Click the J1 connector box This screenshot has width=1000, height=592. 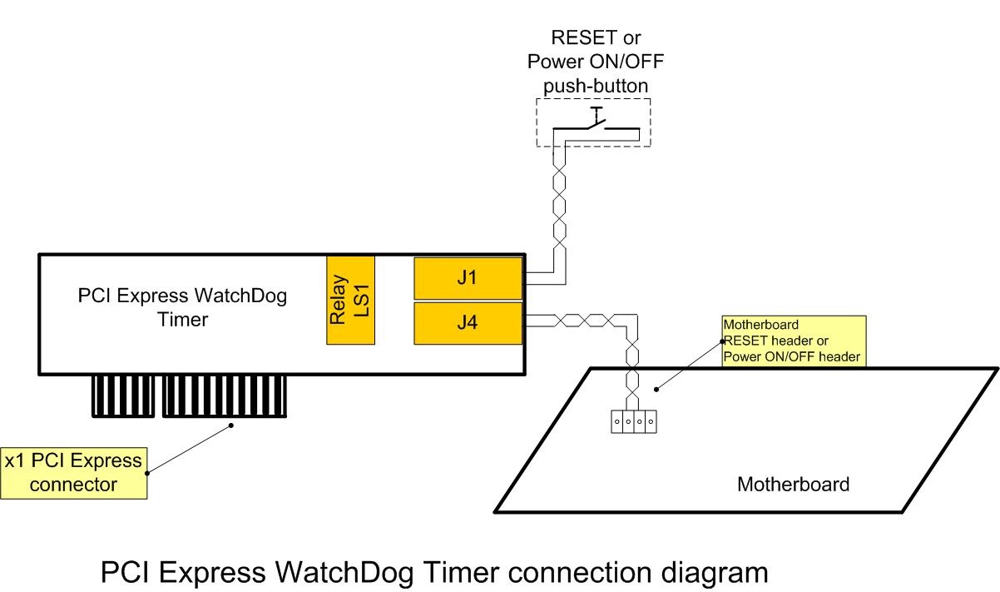(468, 278)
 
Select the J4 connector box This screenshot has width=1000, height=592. (468, 324)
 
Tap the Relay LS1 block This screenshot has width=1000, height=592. (350, 300)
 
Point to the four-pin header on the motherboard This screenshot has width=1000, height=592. (633, 421)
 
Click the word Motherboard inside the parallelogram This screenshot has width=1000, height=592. (793, 484)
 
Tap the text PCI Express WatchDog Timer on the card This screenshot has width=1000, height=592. (182, 307)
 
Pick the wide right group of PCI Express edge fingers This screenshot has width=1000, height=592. (225, 395)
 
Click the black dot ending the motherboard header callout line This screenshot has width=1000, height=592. (656, 387)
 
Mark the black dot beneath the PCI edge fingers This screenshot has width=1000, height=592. (232, 426)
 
